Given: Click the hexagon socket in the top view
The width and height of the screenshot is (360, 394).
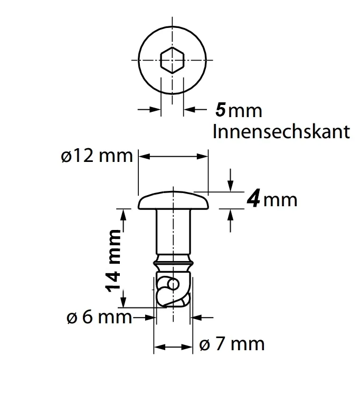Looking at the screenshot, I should point(172,60).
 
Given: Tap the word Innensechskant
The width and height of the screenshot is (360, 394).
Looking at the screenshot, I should point(281,131).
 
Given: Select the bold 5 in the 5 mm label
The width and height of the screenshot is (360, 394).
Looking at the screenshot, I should point(221,110).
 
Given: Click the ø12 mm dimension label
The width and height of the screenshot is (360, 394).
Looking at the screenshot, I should point(96,157).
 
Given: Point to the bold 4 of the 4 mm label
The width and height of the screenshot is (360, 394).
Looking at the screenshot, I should point(254,200).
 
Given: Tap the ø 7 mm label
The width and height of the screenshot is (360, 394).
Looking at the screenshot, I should point(232,344).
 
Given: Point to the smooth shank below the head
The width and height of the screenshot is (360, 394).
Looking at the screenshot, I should point(173,232).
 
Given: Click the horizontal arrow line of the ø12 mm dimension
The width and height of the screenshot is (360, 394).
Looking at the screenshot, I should point(174,156).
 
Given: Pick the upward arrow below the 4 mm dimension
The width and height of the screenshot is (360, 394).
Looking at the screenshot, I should point(230,217).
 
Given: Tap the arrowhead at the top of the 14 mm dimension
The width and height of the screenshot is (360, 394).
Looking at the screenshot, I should point(124,213).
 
